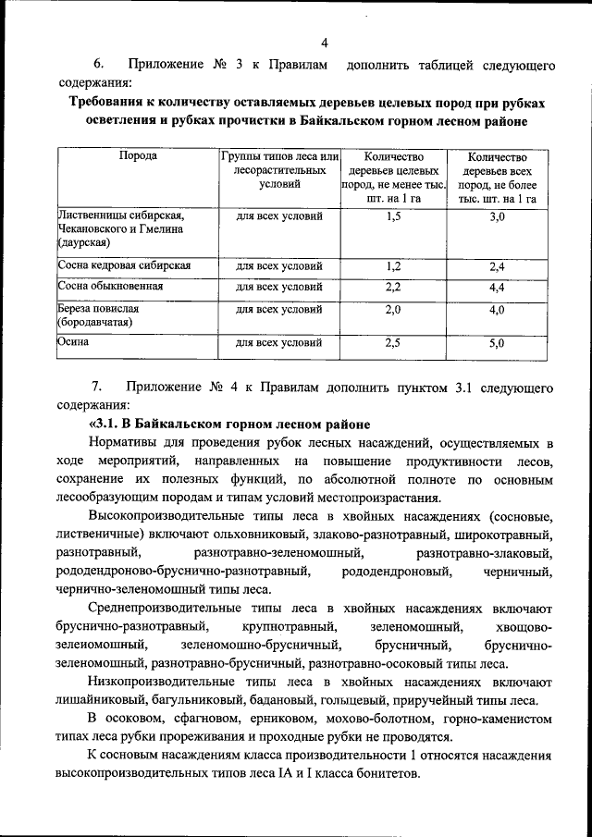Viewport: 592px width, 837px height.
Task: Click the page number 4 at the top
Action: pyautogui.click(x=326, y=41)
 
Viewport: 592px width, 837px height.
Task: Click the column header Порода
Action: pyautogui.click(x=138, y=156)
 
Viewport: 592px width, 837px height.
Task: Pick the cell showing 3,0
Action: pyautogui.click(x=497, y=216)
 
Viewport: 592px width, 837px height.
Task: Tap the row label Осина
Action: pyautogui.click(x=73, y=343)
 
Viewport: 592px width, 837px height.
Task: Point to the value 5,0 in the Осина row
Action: pyautogui.click(x=497, y=343)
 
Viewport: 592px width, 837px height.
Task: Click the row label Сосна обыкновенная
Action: pyautogui.click(x=111, y=288)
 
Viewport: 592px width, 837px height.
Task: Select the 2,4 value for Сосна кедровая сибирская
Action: pyautogui.click(x=497, y=266)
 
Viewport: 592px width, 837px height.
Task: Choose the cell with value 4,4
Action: pyautogui.click(x=497, y=288)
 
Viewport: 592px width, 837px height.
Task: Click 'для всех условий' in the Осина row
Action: pyautogui.click(x=278, y=343)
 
